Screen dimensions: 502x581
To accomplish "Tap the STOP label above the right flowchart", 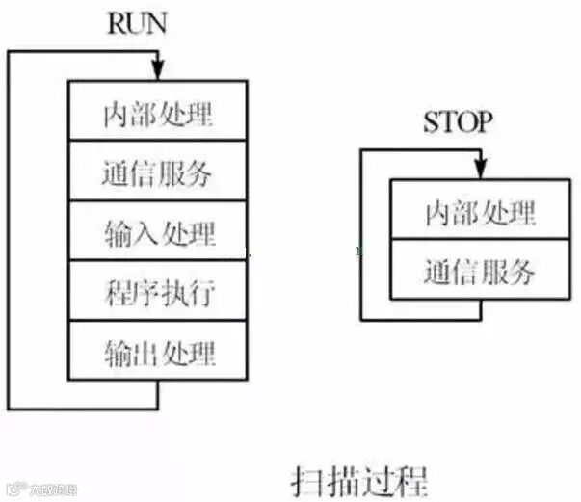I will pyautogui.click(x=458, y=123).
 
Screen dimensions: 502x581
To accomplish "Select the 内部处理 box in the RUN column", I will pyautogui.click(x=157, y=112).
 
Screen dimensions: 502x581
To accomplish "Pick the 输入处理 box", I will pyautogui.click(x=157, y=231).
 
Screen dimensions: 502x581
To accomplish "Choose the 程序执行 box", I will pyautogui.click(x=157, y=291).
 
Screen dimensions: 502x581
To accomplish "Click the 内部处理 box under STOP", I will pyautogui.click(x=479, y=211).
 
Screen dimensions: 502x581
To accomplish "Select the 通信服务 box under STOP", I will pyautogui.click(x=479, y=270).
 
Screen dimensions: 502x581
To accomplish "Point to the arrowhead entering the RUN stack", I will pyautogui.click(x=157, y=73).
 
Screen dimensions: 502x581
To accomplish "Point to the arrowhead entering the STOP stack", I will pyautogui.click(x=478, y=172).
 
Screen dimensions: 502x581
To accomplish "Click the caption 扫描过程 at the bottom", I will pyautogui.click(x=358, y=478).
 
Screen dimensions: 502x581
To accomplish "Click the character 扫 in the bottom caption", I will pyautogui.click(x=306, y=478).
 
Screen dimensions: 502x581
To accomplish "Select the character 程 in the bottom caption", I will pyautogui.click(x=410, y=478).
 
